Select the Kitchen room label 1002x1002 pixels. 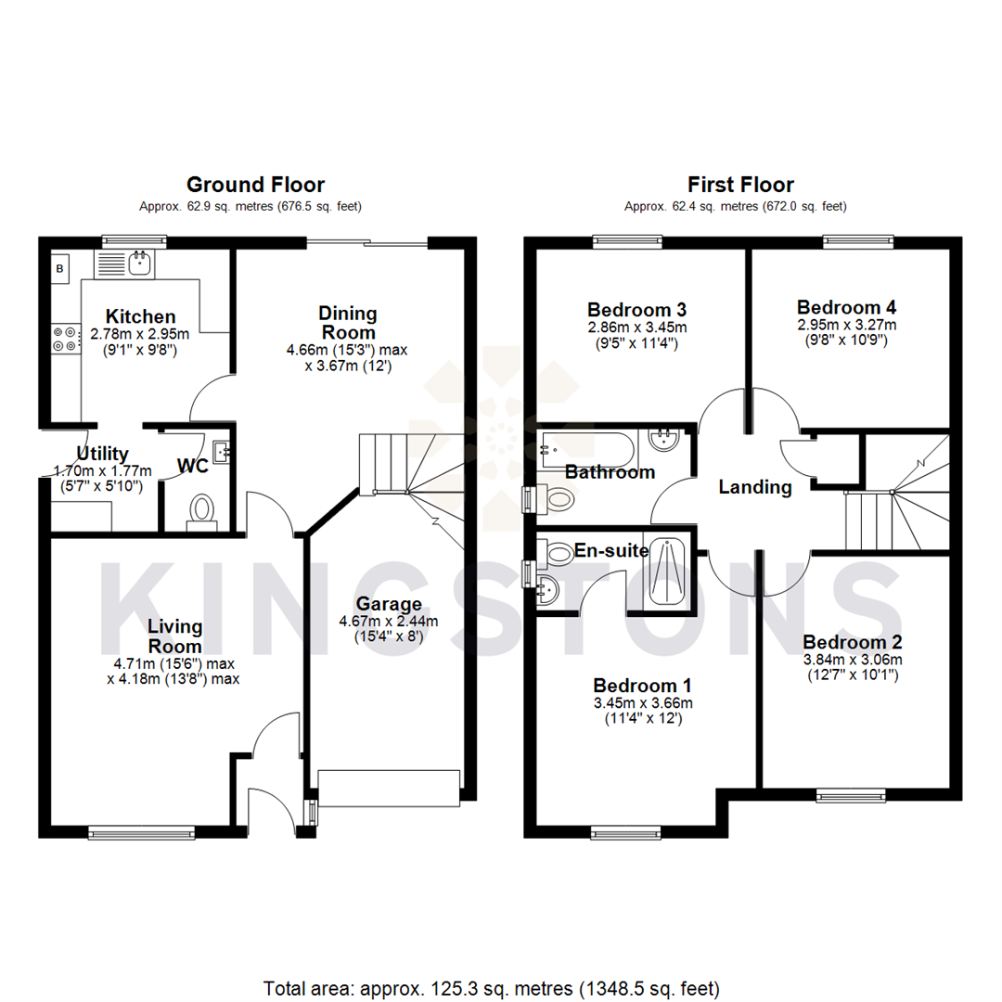[x=140, y=316]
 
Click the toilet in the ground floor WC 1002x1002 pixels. [x=201, y=510]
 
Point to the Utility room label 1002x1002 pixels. [x=102, y=454]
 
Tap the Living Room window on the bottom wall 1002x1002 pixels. [x=141, y=833]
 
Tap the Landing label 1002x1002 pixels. [x=755, y=486]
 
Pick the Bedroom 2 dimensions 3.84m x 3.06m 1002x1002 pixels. [x=852, y=660]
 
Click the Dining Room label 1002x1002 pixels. [x=348, y=322]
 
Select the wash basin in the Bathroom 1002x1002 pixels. [x=664, y=439]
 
